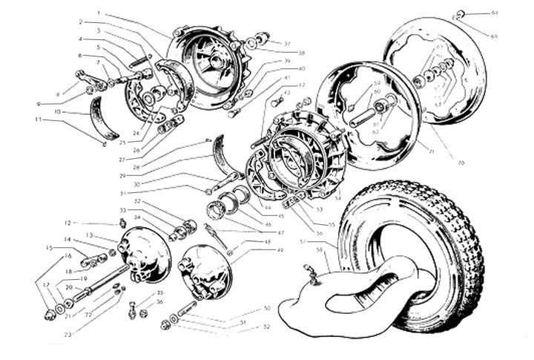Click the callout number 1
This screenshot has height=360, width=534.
[99, 13]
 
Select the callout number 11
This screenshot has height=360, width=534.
[36, 119]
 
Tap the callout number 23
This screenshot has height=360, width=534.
[68, 335]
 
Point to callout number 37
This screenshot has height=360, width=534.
[287, 44]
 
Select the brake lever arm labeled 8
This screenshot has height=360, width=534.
[85, 79]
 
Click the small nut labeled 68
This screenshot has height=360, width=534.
[461, 13]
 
